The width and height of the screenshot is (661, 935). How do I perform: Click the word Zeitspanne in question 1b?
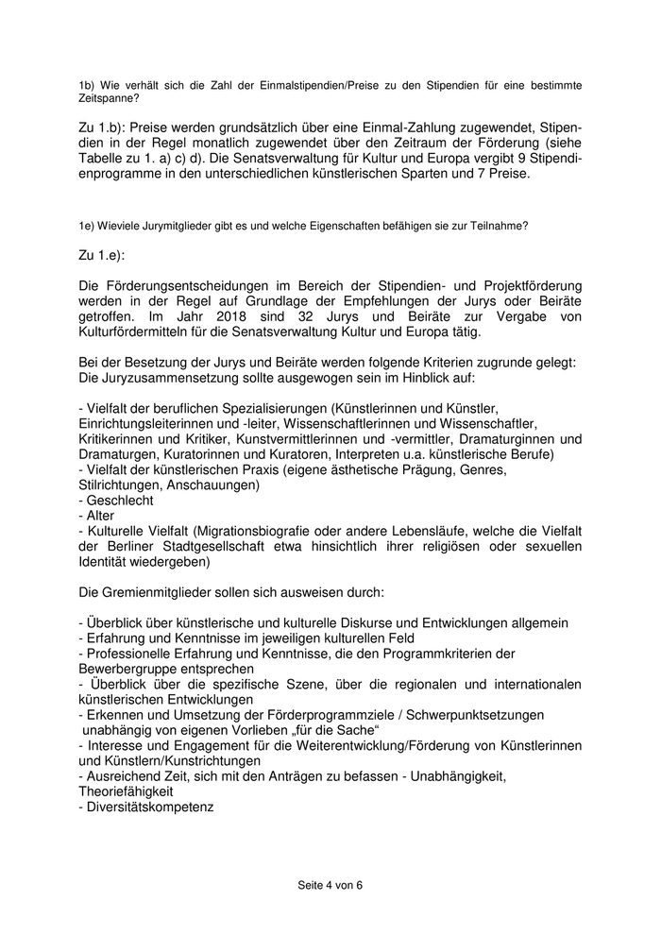click(109, 97)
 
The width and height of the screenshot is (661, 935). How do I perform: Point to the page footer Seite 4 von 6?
click(330, 885)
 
